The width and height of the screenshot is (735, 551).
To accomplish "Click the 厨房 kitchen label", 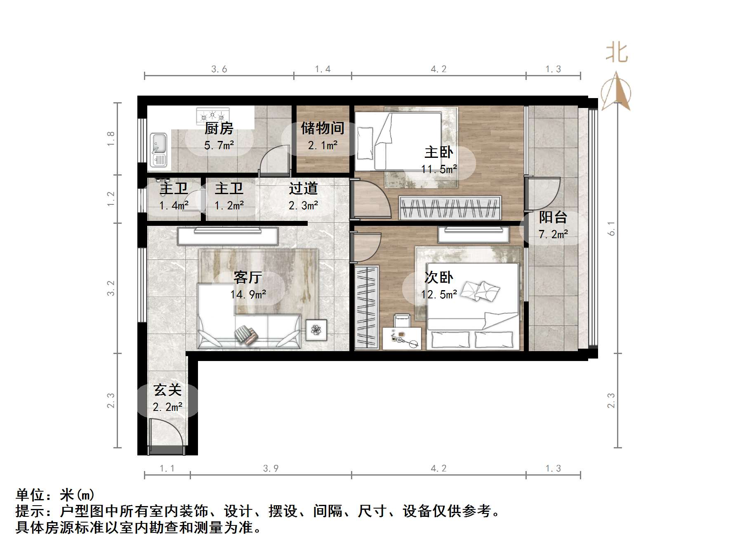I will tap(219, 129).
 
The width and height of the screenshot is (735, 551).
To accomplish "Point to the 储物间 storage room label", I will tap(323, 128).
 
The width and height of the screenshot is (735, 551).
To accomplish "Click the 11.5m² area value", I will tap(439, 169).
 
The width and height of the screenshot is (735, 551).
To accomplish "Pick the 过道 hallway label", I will tap(303, 188).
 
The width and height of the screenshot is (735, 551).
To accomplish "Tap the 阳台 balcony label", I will tap(553, 217).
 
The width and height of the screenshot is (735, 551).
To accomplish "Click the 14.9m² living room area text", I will tap(248, 294).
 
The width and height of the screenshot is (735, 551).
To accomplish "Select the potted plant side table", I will tap(316, 330).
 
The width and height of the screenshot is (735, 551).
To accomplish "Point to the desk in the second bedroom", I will tap(402, 338).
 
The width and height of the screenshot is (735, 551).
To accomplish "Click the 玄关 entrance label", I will tap(167, 390).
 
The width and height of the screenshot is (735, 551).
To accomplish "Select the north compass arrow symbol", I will tap(616, 91).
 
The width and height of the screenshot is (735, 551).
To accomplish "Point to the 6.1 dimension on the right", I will tap(611, 229).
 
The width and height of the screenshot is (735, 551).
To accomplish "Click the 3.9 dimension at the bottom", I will tap(271, 468).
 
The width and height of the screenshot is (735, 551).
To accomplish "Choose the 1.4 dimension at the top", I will tap(323, 69).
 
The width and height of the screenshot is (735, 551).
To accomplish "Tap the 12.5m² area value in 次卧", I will tap(439, 294).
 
